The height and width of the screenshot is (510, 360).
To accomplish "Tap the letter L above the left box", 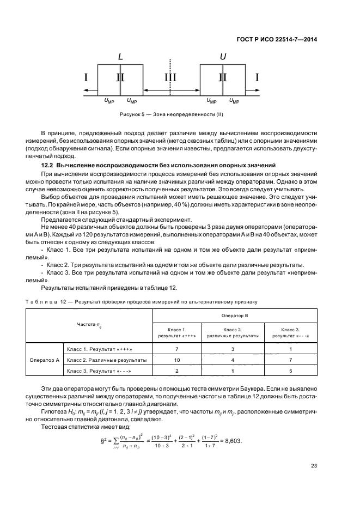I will coord(120,57).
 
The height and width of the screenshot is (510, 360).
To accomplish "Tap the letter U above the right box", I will coord(222,57).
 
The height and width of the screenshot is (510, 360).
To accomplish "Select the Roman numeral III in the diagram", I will coord(171,77).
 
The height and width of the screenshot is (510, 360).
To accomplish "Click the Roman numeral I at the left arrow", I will coord(86,77).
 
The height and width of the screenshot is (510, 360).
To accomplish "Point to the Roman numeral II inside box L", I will coord(120,77).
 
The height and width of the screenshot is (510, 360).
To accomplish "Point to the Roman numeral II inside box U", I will coord(222,77).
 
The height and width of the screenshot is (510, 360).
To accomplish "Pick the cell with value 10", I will coord(176,360).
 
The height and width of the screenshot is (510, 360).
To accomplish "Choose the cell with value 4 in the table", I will coord(233,360).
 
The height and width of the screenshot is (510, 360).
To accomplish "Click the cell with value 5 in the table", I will coord(290,372).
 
